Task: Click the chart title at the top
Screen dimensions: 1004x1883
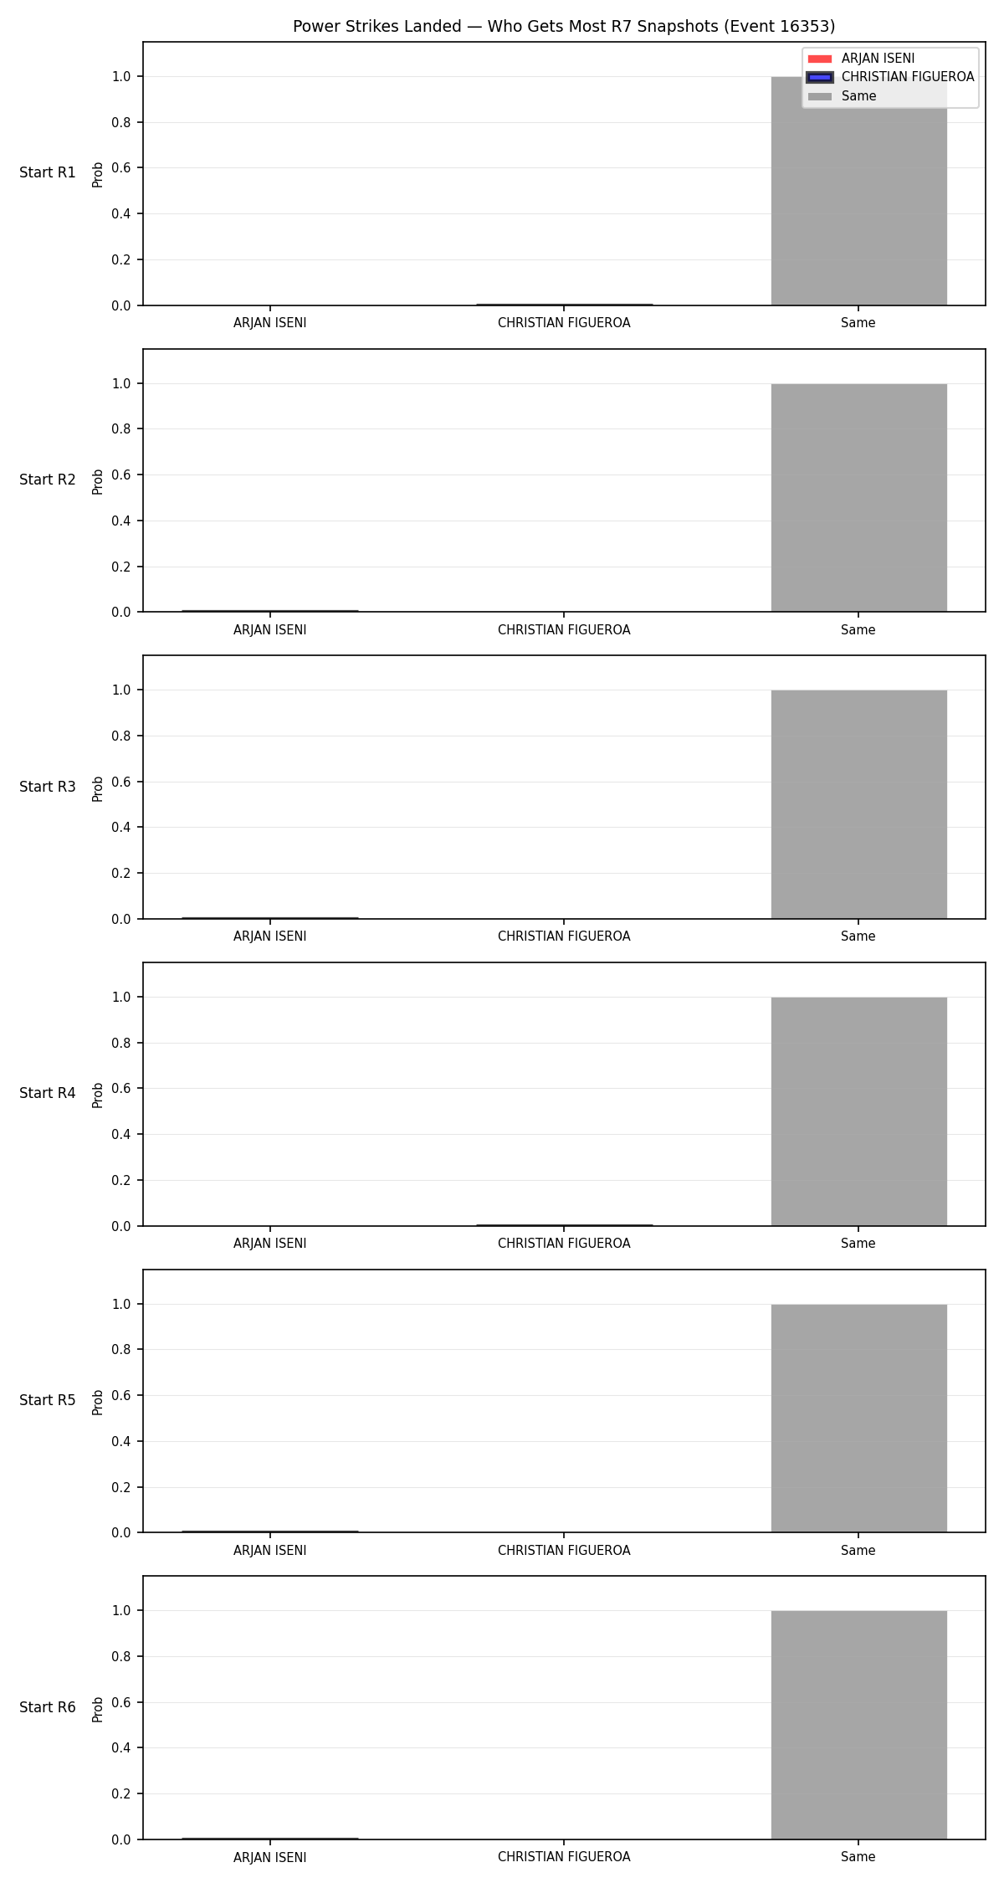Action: (x=564, y=27)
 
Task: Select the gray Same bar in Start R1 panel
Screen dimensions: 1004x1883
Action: (x=858, y=191)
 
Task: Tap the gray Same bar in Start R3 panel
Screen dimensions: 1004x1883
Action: (x=858, y=804)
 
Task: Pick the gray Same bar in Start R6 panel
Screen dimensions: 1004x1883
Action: (x=858, y=1725)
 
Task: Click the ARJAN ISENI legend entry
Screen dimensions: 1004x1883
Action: (x=878, y=59)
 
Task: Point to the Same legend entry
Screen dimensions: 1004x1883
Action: (x=858, y=96)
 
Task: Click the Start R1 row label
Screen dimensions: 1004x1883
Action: (x=48, y=173)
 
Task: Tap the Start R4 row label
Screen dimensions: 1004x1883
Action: (x=48, y=1094)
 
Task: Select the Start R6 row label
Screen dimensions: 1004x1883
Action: (x=48, y=1708)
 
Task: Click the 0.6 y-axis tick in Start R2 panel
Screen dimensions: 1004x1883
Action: (x=122, y=475)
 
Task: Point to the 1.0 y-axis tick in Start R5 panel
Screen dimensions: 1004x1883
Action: (x=122, y=1304)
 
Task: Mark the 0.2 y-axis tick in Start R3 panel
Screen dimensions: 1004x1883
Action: (x=122, y=873)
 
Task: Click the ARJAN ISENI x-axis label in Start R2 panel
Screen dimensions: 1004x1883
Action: (x=270, y=630)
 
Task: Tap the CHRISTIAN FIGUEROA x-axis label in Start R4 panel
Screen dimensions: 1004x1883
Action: (x=564, y=1244)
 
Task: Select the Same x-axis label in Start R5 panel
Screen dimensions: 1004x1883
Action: (x=858, y=1551)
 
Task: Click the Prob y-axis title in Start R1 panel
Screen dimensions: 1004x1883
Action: (x=98, y=174)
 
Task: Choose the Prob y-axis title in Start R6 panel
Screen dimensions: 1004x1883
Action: (x=98, y=1709)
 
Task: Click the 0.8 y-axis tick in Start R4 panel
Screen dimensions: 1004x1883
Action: (x=122, y=1043)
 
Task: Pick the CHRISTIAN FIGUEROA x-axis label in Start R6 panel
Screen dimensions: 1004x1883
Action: (x=564, y=1857)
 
